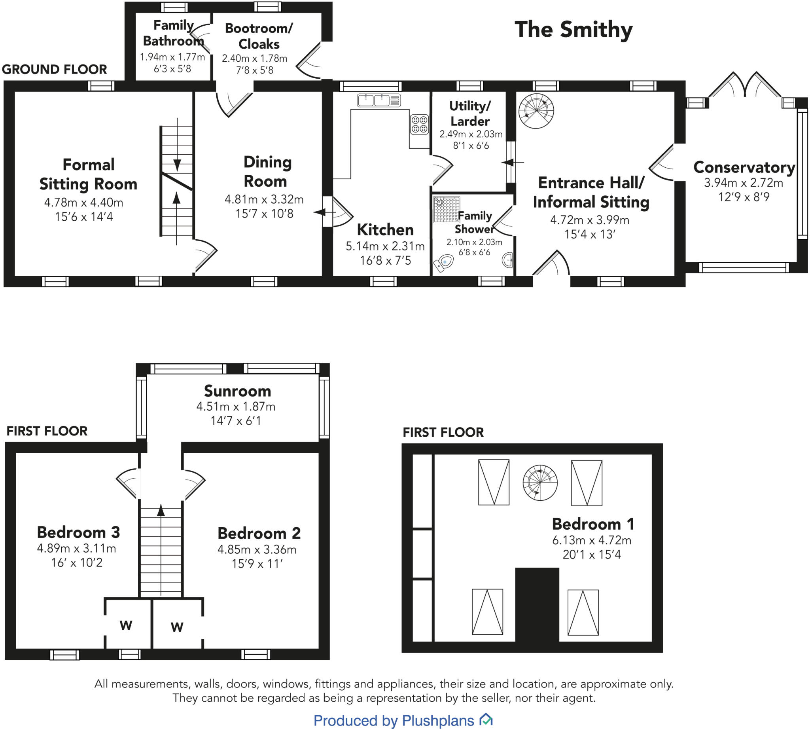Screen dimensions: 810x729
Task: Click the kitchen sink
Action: pyautogui.click(x=379, y=100)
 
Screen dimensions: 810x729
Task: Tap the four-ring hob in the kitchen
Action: pyautogui.click(x=419, y=124)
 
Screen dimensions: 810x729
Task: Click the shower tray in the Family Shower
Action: pyautogui.click(x=446, y=209)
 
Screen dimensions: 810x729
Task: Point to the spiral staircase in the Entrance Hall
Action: pyautogui.click(x=536, y=111)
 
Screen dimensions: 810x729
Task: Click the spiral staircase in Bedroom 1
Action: pyautogui.click(x=540, y=483)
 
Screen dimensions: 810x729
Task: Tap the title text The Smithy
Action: pyautogui.click(x=573, y=30)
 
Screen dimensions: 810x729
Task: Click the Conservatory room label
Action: pyautogui.click(x=744, y=167)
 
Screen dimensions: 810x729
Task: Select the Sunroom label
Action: pyautogui.click(x=238, y=391)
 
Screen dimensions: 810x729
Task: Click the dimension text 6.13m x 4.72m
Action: pyautogui.click(x=592, y=540)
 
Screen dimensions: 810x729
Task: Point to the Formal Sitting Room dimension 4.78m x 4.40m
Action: pyautogui.click(x=84, y=202)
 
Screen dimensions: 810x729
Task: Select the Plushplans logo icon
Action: pyautogui.click(x=486, y=719)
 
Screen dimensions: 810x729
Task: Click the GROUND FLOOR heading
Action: pyautogui.click(x=55, y=69)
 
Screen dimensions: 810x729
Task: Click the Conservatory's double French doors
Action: pyautogui.click(x=745, y=85)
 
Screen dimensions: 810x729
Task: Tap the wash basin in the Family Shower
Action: pyautogui.click(x=507, y=260)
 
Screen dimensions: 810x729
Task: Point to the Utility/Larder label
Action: pyautogui.click(x=470, y=114)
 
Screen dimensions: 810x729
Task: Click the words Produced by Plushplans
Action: pyautogui.click(x=394, y=720)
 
